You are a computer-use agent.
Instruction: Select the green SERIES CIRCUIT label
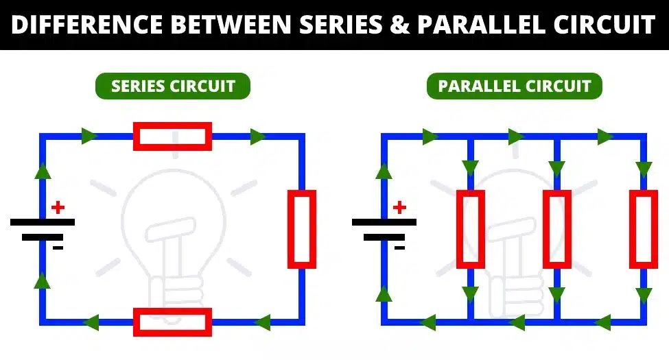[x=173, y=86]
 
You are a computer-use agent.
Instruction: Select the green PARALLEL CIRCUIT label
[x=515, y=86]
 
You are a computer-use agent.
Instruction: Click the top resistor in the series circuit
[x=172, y=136]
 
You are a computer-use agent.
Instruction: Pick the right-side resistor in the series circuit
[x=301, y=229]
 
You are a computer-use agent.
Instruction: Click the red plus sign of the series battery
[x=58, y=207]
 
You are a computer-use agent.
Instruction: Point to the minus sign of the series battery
[x=58, y=248]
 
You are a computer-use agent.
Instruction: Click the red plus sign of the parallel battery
[x=399, y=207]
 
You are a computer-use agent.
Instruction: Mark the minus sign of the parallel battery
[x=399, y=248]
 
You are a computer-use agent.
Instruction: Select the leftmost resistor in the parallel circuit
[x=470, y=229]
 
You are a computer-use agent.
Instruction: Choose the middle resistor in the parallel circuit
[x=556, y=229]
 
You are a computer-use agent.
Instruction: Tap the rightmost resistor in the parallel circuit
[x=643, y=229]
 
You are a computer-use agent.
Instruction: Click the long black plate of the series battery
[x=43, y=222]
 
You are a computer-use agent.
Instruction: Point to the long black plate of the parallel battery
[x=384, y=222]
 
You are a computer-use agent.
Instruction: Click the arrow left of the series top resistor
[x=89, y=136]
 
